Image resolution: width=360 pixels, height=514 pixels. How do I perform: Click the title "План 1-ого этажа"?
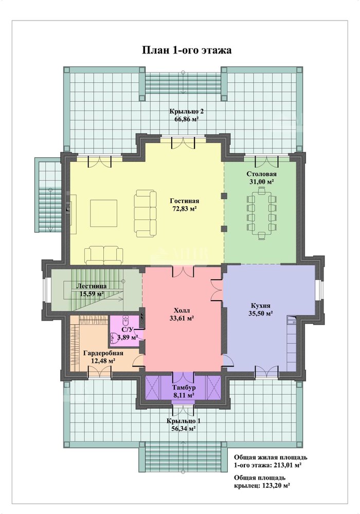[187, 50]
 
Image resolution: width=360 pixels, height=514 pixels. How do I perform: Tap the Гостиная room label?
[185, 201]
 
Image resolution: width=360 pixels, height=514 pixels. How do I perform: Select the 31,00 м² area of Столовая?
[262, 181]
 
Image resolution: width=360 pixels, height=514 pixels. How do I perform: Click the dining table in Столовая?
[262, 211]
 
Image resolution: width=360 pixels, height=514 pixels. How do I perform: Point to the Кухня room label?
[261, 305]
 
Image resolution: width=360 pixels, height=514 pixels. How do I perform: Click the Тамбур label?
[184, 388]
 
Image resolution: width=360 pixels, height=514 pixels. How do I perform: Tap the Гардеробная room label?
[103, 353]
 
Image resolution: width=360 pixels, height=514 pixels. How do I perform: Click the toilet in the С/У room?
[126, 319]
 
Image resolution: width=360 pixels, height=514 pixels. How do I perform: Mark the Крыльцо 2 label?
[187, 112]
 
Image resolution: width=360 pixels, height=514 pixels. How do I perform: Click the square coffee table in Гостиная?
[103, 213]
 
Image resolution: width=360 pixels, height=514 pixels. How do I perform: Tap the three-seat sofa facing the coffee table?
[145, 214]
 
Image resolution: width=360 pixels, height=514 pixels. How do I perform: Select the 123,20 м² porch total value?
[276, 486]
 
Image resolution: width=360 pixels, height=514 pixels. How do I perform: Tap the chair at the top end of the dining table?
[262, 191]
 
